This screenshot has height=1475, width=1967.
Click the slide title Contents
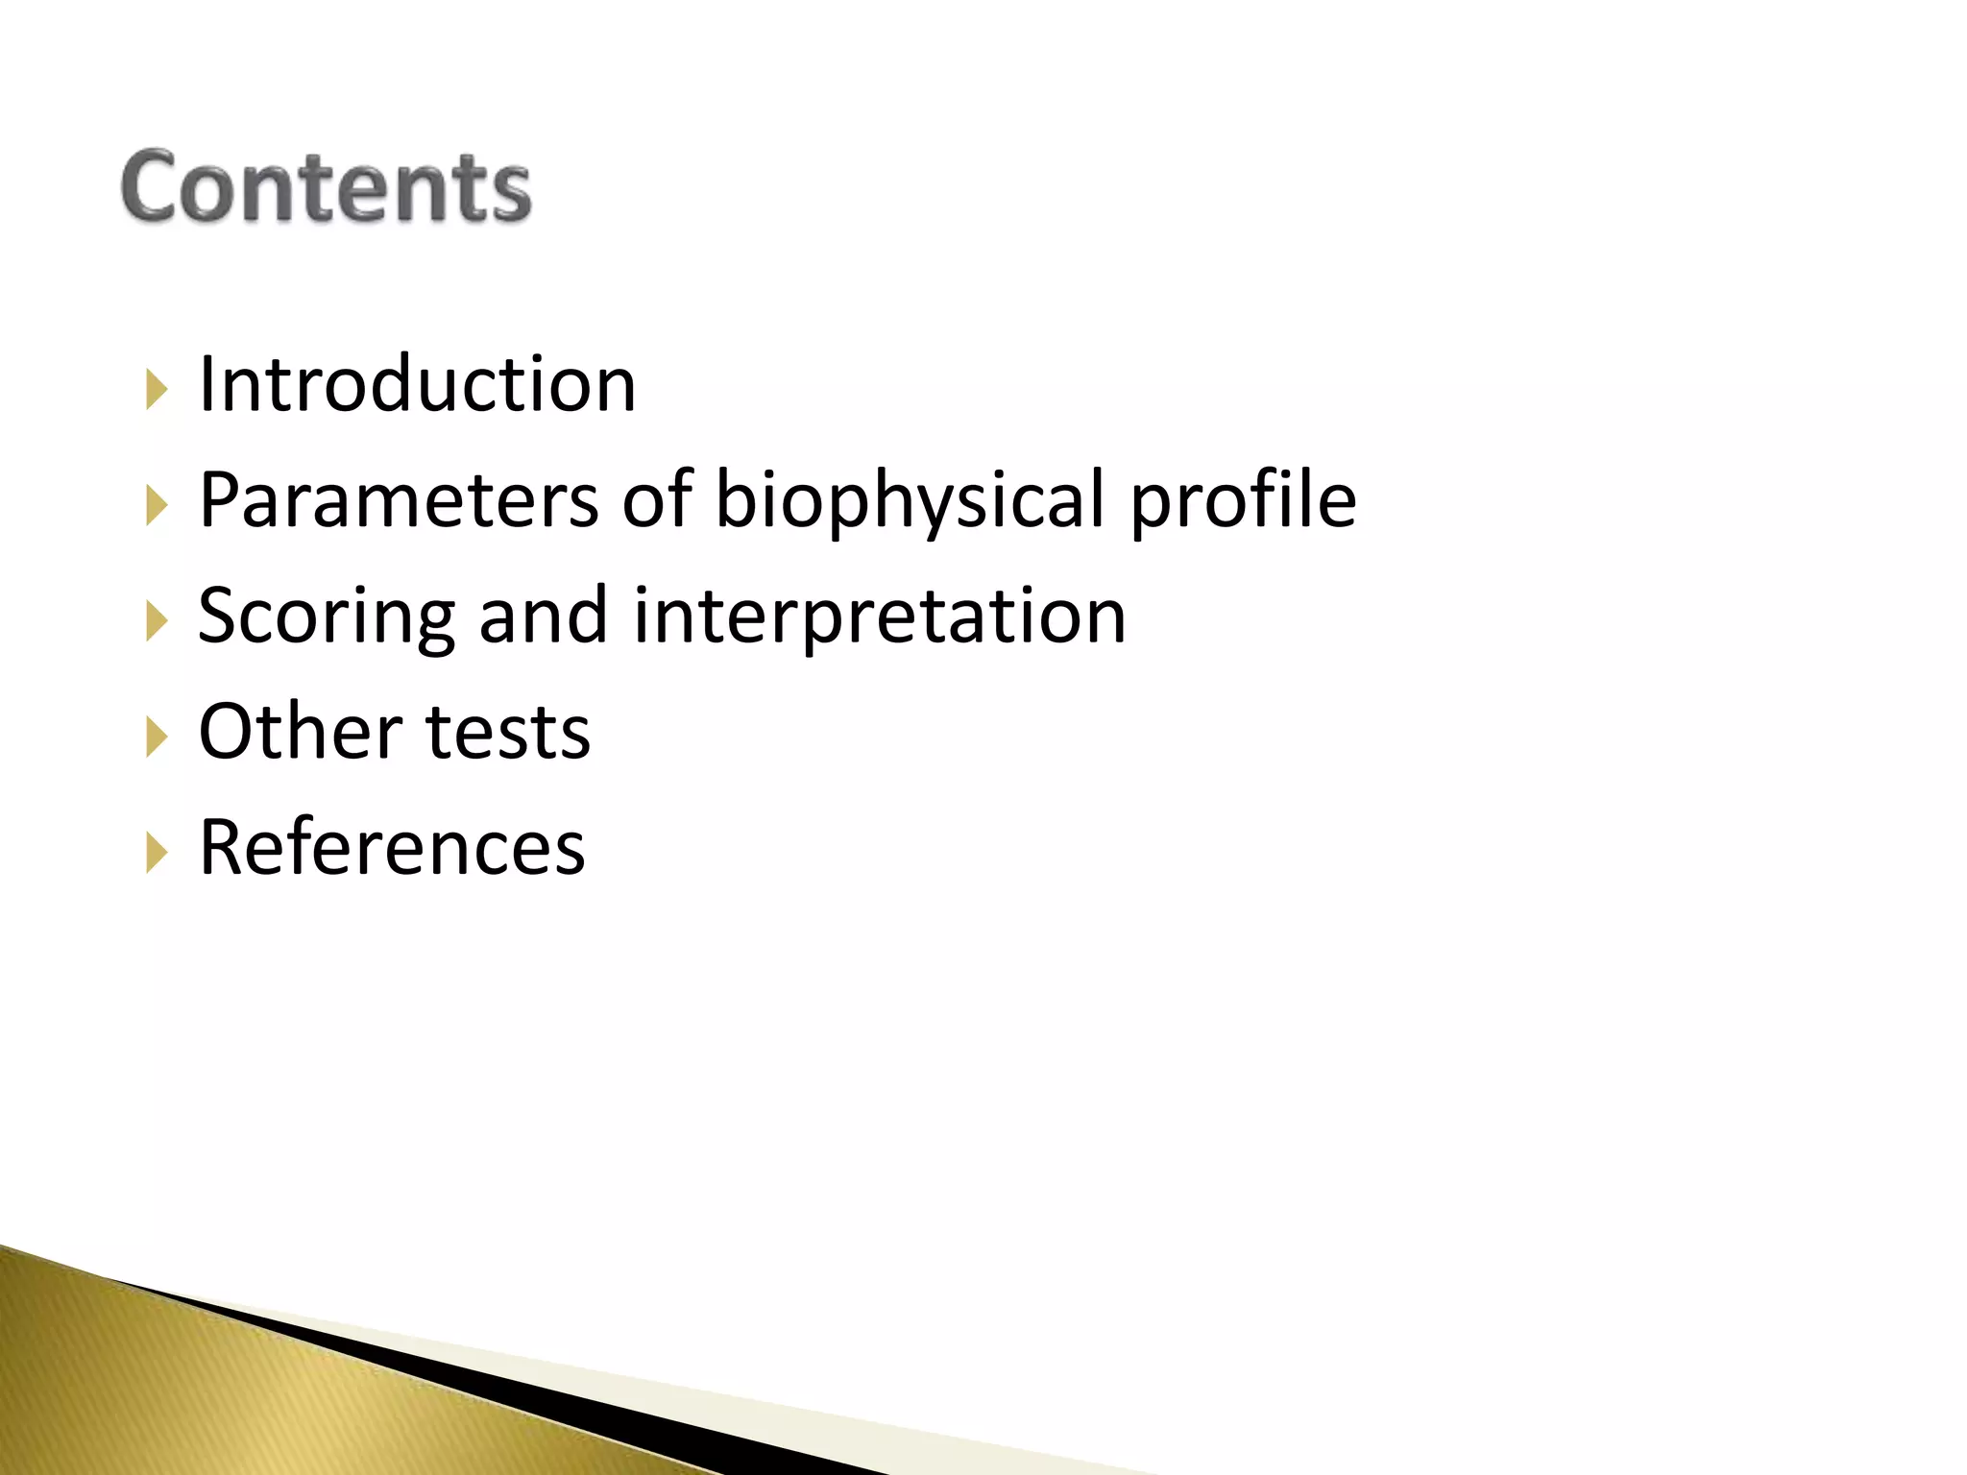326,187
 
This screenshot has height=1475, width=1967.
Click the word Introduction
417,384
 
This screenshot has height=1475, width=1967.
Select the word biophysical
911,501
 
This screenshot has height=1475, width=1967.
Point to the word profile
1243,501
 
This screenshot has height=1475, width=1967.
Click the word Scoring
326,617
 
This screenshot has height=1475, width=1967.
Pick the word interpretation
879,617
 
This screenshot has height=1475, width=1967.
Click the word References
392,847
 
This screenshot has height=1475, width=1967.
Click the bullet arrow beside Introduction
157,390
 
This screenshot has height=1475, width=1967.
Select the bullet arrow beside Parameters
157,505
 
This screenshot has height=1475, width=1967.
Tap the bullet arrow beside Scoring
157,621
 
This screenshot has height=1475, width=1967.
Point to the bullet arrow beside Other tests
157,737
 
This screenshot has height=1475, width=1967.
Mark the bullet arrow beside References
157,853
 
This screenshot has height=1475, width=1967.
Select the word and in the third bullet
543,616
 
